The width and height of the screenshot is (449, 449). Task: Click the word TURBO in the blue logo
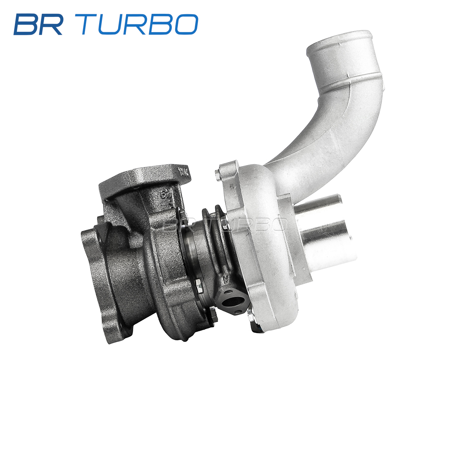[x=140, y=24]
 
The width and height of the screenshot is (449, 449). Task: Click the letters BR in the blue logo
[x=39, y=24]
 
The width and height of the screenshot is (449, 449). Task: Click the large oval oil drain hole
[x=230, y=302]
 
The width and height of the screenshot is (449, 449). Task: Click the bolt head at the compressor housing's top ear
[x=217, y=174]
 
